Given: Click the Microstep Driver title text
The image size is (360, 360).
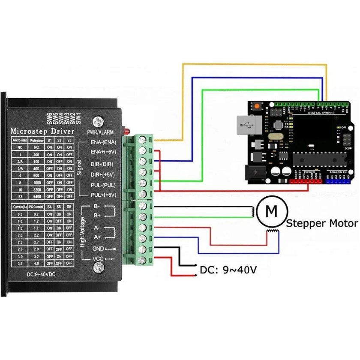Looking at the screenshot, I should click(42, 131).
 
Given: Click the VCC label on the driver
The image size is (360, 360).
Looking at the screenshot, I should click(98, 259).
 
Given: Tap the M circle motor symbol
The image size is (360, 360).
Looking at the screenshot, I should click(271, 210).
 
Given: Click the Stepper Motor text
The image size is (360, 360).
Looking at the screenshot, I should click(321, 223).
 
